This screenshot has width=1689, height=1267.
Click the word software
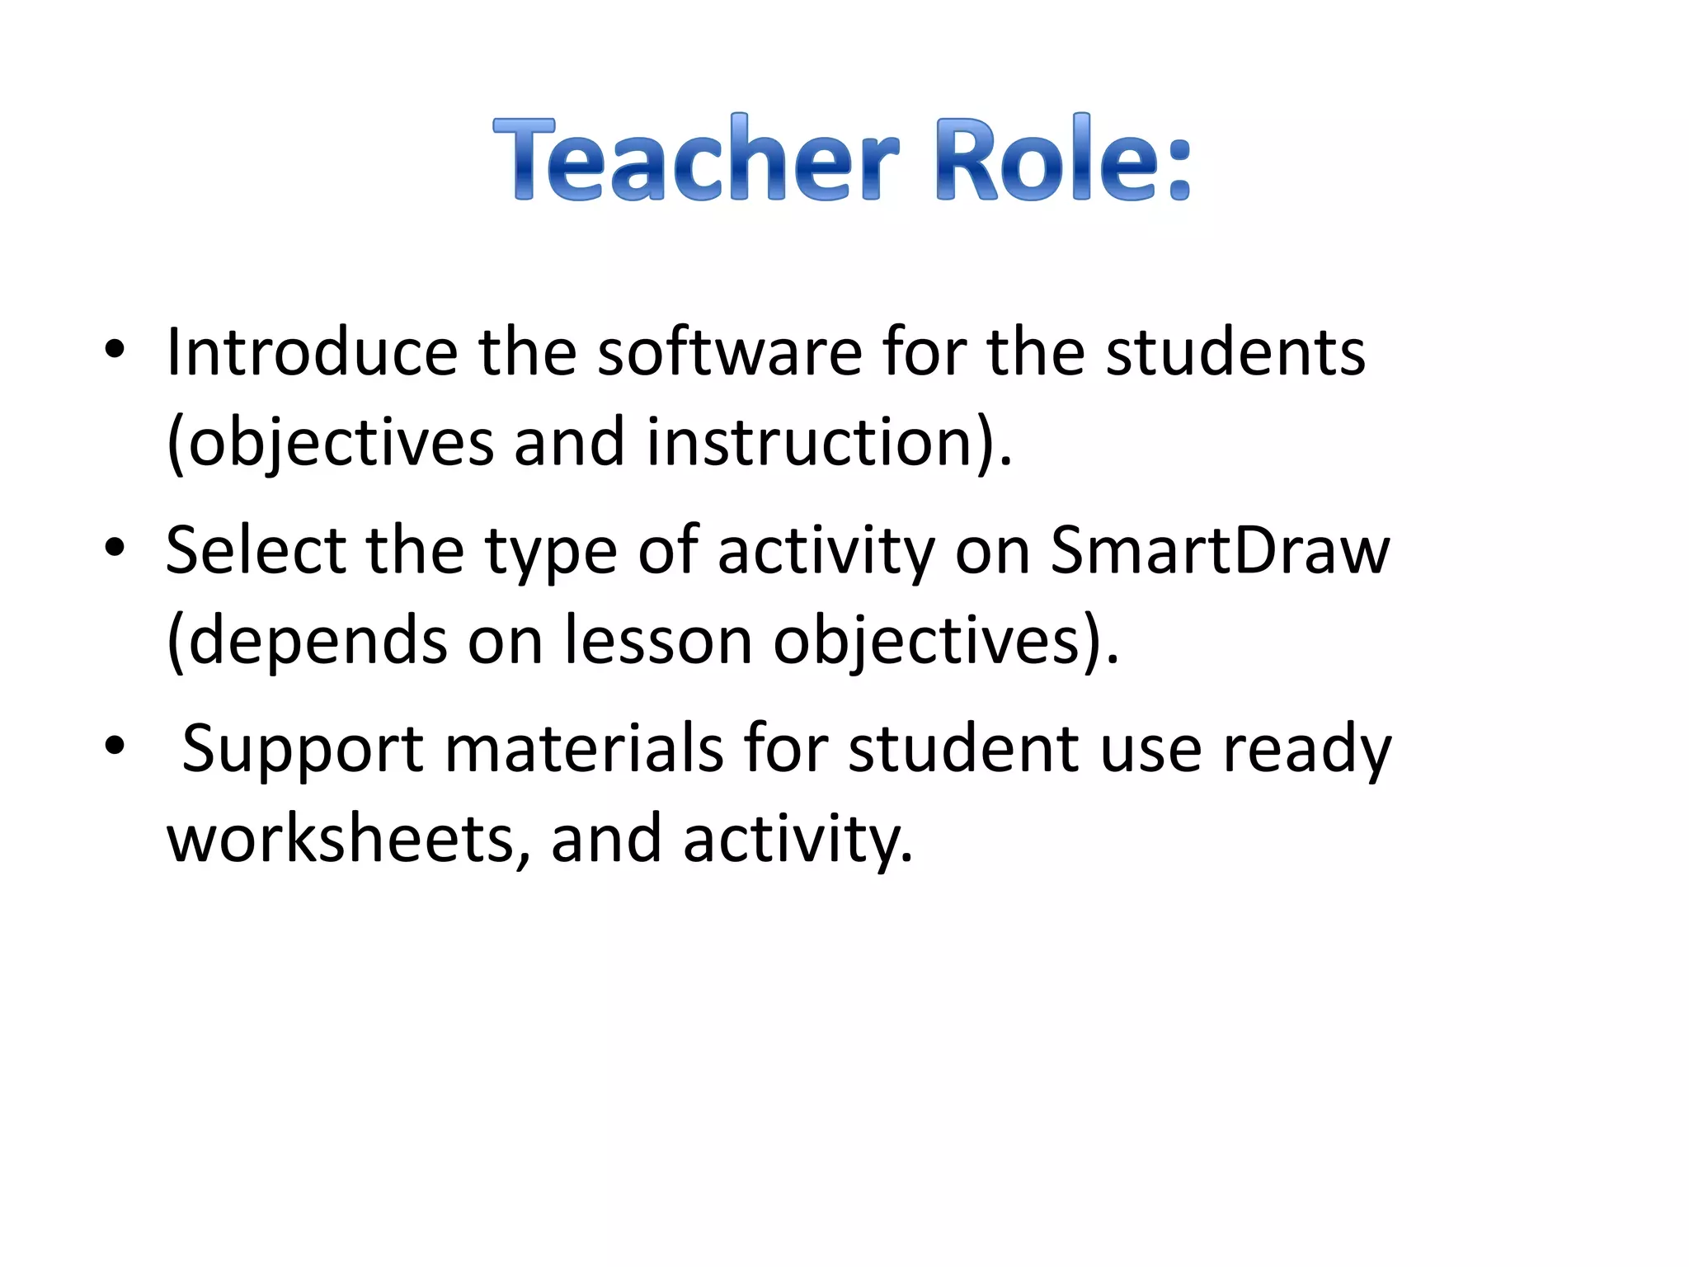tap(729, 353)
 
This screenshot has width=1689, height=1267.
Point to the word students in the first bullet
tap(1235, 353)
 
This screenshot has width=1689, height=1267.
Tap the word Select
tap(256, 550)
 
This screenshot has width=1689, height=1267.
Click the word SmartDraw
tap(1220, 550)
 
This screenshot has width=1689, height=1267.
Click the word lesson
tap(657, 640)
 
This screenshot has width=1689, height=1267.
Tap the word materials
tap(584, 748)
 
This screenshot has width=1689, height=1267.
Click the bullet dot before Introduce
tap(115, 350)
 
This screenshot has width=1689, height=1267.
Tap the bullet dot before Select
tap(115, 547)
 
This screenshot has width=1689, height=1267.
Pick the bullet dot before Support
tap(115, 746)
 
